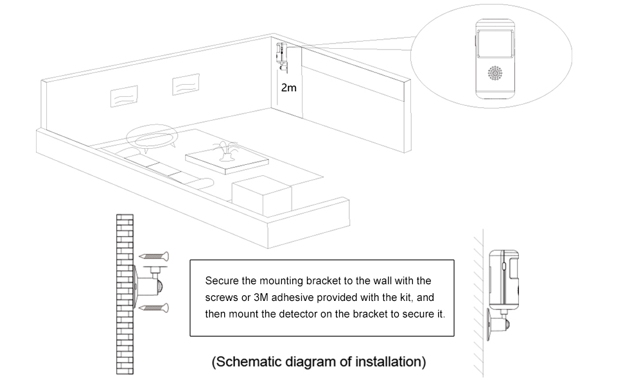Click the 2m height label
point(289,87)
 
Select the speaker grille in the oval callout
point(495,73)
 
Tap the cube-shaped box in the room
point(261,194)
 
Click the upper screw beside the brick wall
point(155,255)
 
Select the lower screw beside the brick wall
point(155,308)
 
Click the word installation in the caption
point(390,362)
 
